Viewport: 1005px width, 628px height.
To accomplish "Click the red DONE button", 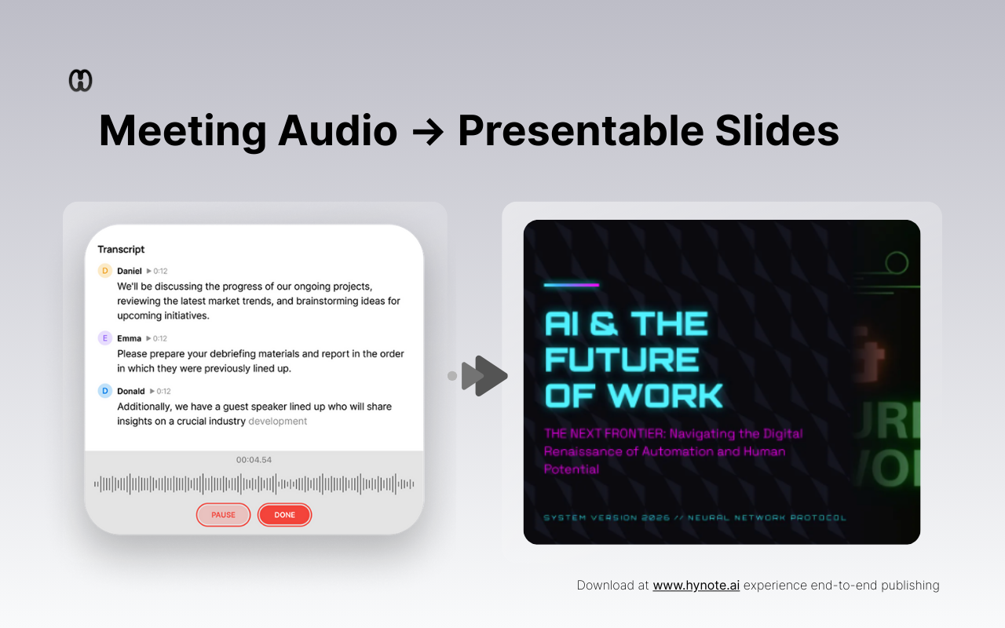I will [x=284, y=515].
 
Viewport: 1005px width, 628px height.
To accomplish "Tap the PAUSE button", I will [x=223, y=515].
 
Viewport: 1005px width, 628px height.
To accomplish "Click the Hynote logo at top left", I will [x=81, y=81].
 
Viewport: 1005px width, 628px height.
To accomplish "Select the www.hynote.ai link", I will [x=696, y=585].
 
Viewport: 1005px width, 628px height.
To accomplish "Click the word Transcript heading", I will [x=121, y=250].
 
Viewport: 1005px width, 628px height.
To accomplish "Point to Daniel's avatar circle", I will [x=105, y=271].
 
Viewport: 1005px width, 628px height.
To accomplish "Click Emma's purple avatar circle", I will [x=105, y=338].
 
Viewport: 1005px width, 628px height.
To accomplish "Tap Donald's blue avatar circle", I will [x=105, y=391].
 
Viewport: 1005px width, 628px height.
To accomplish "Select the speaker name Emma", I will [x=130, y=338].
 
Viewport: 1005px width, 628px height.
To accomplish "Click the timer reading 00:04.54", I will [x=254, y=460].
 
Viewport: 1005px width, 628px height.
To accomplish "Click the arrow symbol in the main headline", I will [x=427, y=131].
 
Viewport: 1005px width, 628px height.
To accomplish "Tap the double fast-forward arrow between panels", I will [x=484, y=376].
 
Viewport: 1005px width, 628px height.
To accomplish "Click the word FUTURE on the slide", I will [x=622, y=360].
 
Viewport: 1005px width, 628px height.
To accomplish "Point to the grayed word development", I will [x=277, y=422].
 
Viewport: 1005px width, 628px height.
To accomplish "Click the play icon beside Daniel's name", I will [x=149, y=272].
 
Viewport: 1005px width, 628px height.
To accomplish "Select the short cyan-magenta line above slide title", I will [x=572, y=285].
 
